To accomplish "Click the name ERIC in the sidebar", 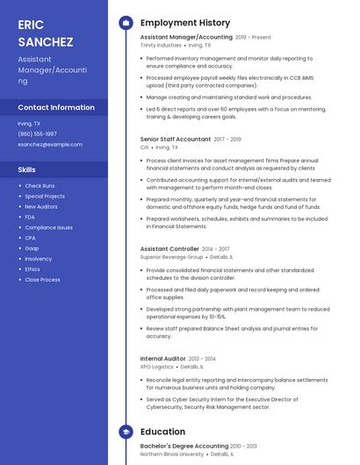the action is [31, 24].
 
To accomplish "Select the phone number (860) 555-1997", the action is [37, 133].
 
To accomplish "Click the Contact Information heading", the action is [56, 107].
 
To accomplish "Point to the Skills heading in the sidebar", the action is [27, 169].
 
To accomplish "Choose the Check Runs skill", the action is [40, 186].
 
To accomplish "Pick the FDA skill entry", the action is [30, 217].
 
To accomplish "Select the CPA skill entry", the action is [30, 238].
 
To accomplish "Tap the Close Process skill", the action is [42, 280].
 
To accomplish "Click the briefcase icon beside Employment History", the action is [126, 23].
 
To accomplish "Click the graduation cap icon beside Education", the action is [126, 432].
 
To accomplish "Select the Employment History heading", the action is [185, 23].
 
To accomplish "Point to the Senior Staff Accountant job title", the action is [176, 139].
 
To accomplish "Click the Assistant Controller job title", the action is [169, 249].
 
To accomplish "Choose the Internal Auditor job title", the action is [163, 358].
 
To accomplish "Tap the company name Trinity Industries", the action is [161, 45].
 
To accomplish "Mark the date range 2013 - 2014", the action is [203, 359].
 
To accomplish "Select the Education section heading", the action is [163, 432].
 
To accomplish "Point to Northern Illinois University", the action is [172, 454].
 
